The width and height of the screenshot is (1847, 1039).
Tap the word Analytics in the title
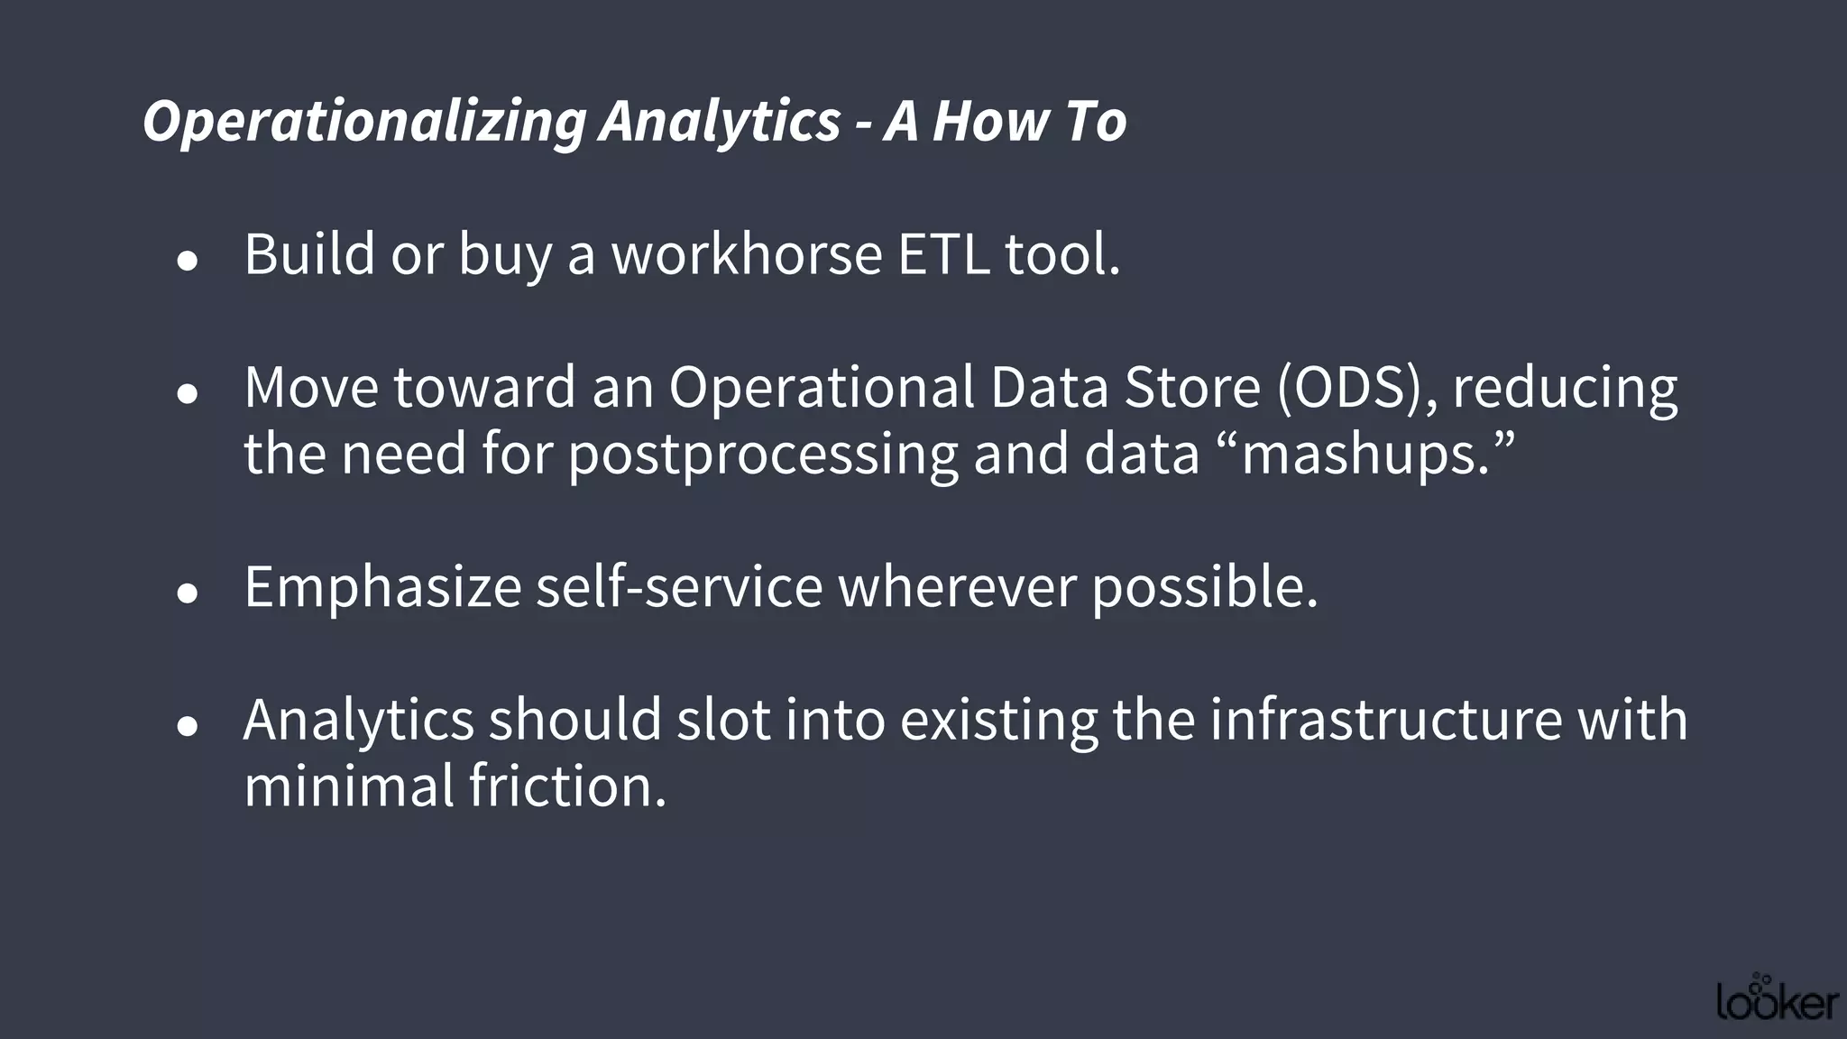tap(720, 122)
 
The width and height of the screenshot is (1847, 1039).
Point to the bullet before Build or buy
tap(188, 262)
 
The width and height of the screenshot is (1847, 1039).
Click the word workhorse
tap(747, 254)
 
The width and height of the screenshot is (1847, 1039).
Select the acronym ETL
tap(943, 254)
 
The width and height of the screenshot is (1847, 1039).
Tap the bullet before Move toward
tap(188, 394)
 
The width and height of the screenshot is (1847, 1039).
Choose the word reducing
tap(1564, 389)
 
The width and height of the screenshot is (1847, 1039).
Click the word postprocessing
tap(762, 455)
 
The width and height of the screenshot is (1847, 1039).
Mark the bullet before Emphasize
tap(188, 593)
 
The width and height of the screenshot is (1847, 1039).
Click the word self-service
tap(679, 586)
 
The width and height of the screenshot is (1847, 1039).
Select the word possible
tap(1205, 588)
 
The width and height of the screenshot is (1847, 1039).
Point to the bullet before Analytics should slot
tap(188, 726)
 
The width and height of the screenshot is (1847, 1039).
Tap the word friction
tap(567, 786)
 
